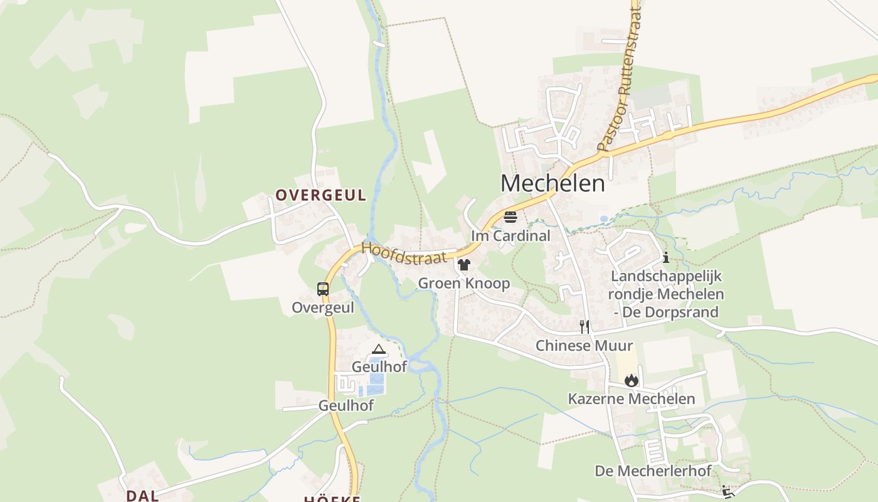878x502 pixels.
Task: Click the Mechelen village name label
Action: [x=553, y=183]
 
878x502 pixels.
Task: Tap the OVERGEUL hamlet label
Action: [x=320, y=195]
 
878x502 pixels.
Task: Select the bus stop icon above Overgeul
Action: [x=323, y=289]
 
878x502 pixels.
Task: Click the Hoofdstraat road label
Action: [x=404, y=253]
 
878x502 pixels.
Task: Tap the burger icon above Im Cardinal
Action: [x=510, y=217]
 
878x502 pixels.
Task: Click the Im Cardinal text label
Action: [x=510, y=236]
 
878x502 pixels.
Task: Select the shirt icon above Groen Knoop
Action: [x=464, y=265]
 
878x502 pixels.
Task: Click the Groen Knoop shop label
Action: [x=464, y=284]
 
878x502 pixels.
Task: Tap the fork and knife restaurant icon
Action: [x=584, y=326]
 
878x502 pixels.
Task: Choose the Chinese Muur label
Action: [x=584, y=346]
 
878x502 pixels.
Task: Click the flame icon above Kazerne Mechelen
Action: [x=631, y=380]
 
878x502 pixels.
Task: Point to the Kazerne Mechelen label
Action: [x=631, y=399]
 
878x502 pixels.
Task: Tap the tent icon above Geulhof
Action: [x=379, y=349]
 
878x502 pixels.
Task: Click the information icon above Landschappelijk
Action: [x=665, y=257]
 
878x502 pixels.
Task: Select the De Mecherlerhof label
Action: [x=653, y=471]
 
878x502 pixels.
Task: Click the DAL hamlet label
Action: [x=142, y=496]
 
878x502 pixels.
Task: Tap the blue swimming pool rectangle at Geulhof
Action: [x=377, y=379]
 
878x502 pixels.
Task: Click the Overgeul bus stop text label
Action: [x=323, y=308]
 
